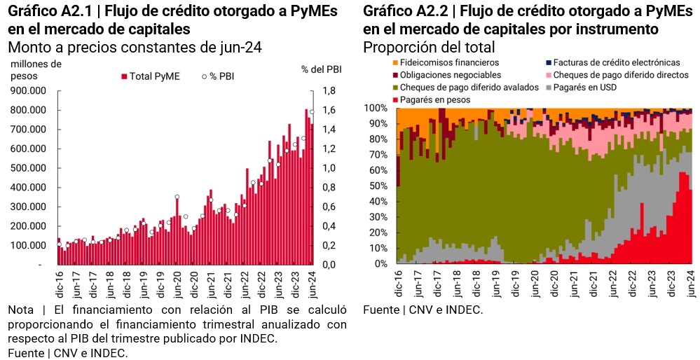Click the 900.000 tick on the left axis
(28, 90)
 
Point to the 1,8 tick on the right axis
(329, 90)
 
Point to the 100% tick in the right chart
(376, 109)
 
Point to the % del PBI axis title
(321, 69)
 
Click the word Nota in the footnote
(21, 310)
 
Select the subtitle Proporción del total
(429, 48)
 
